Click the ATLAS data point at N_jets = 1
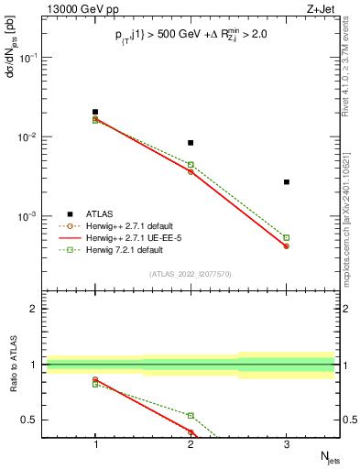click(x=95, y=112)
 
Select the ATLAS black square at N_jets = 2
click(x=191, y=143)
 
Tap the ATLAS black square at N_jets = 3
click(x=286, y=182)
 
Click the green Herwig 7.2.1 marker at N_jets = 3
click(x=286, y=237)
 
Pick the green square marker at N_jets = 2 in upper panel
click(x=191, y=165)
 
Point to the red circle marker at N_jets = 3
click(x=286, y=246)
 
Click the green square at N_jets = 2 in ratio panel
click(x=191, y=416)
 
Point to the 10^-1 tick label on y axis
click(x=29, y=57)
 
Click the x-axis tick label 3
click(x=286, y=445)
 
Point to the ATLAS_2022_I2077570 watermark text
click(x=191, y=274)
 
